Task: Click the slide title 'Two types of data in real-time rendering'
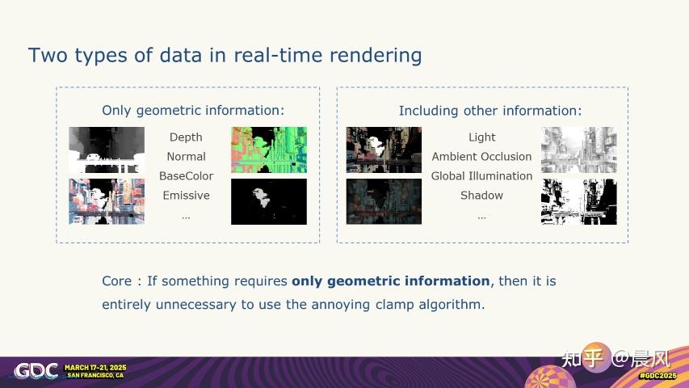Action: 225,55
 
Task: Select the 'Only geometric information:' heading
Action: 193,110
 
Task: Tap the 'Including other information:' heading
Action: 489,110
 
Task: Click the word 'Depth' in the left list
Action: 186,137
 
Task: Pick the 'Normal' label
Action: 186,157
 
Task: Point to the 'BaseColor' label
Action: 186,176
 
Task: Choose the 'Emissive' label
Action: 186,196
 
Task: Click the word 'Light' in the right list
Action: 481,137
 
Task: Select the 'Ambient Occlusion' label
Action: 481,157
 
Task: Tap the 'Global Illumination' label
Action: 481,176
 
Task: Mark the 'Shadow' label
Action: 481,196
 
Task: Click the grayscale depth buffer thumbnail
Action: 107,150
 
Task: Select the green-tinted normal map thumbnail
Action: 269,150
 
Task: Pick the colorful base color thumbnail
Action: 107,201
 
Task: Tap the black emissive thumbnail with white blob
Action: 269,201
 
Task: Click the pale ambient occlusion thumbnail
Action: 579,150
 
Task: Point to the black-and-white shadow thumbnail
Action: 579,201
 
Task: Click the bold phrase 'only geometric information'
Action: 391,281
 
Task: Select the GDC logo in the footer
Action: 36,371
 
